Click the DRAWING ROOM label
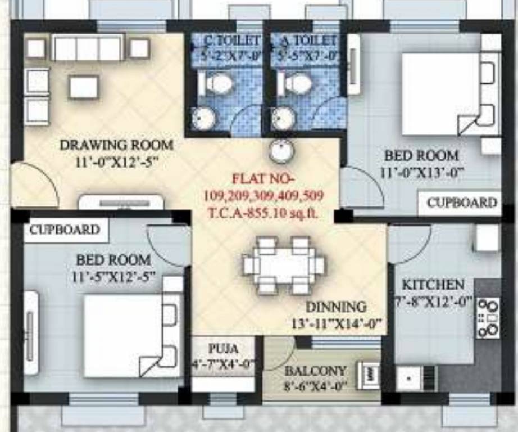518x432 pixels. [116, 145]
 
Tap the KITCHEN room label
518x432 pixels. [433, 285]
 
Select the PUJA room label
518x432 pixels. [223, 348]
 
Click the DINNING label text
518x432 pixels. [336, 307]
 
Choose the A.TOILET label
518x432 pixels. [304, 41]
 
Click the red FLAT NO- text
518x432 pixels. [263, 179]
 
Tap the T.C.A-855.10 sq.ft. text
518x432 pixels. [263, 214]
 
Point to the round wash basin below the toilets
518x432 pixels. [280, 151]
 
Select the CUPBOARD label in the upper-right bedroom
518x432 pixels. [461, 202]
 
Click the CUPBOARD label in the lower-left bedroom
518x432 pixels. [65, 229]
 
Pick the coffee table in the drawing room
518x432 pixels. [84, 87]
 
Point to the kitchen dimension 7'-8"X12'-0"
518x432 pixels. [433, 301]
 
